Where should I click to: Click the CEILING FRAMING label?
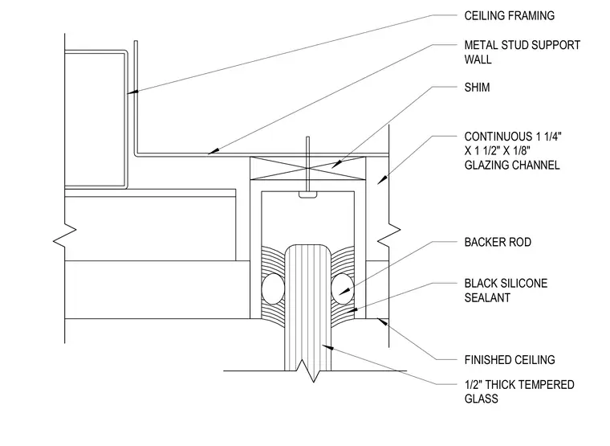pyautogui.click(x=509, y=15)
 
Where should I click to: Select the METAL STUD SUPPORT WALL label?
pyautogui.click(x=522, y=52)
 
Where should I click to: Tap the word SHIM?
pyautogui.click(x=477, y=88)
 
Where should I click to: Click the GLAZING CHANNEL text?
pyautogui.click(x=512, y=166)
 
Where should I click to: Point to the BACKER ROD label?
pyautogui.click(x=498, y=242)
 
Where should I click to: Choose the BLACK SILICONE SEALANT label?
pyautogui.click(x=506, y=290)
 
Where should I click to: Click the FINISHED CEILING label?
pyautogui.click(x=510, y=359)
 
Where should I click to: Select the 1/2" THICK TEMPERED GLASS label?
pyautogui.click(x=519, y=391)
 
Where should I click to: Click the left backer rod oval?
pyautogui.click(x=273, y=288)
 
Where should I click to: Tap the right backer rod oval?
pyautogui.click(x=343, y=288)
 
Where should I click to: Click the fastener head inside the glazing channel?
pyautogui.click(x=307, y=194)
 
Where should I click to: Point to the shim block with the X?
pyautogui.click(x=307, y=168)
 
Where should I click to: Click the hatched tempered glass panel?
pyautogui.click(x=307, y=308)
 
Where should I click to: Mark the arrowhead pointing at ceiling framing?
pyautogui.click(x=132, y=92)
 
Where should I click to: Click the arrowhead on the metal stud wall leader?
pyautogui.click(x=213, y=151)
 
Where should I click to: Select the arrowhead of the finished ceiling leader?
pyautogui.click(x=383, y=322)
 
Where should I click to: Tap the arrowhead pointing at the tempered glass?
pyautogui.click(x=328, y=346)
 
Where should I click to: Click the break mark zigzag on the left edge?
pyautogui.click(x=64, y=235)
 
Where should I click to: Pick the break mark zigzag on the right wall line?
pyautogui.click(x=388, y=235)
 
